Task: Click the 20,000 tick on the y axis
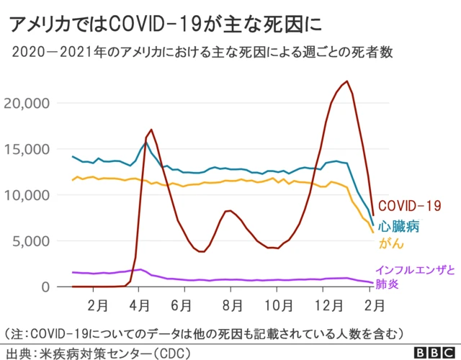27,103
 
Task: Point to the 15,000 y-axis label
27,149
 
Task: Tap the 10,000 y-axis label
27,195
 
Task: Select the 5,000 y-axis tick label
32,240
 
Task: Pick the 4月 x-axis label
140,305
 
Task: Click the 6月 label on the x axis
183,305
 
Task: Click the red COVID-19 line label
409,207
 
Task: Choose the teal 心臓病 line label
400,226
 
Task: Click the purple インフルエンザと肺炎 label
415,276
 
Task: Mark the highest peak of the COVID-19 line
346,81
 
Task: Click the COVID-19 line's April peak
151,130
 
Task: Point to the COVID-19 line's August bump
228,211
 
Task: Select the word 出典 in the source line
19,353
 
